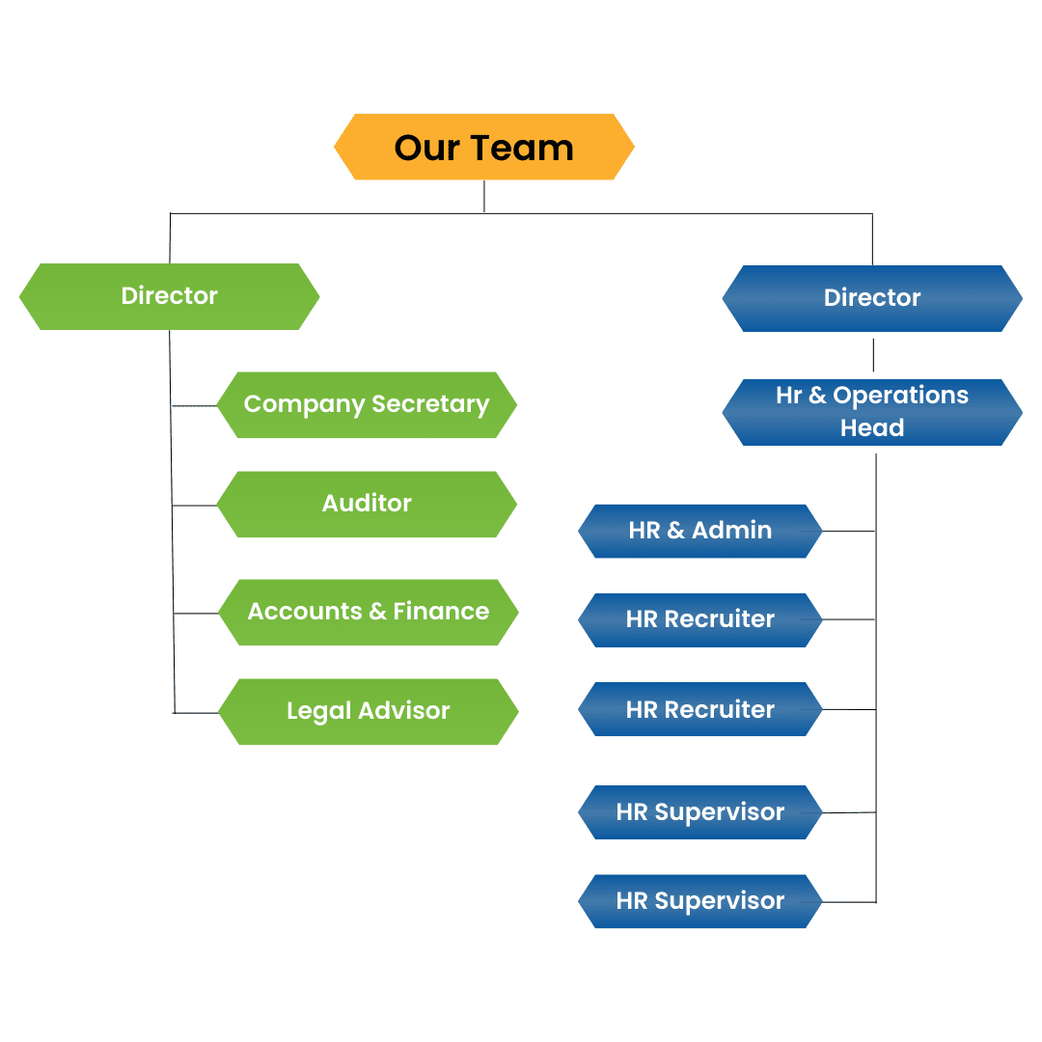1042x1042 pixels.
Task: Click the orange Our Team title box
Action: click(483, 147)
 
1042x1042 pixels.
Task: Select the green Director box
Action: click(169, 296)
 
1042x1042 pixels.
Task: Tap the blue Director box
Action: click(872, 298)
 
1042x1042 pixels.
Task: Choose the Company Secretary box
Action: click(367, 404)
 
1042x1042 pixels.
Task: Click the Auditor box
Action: click(367, 504)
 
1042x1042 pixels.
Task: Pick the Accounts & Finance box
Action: click(368, 612)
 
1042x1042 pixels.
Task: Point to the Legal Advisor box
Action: click(368, 711)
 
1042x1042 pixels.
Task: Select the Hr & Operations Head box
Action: click(872, 412)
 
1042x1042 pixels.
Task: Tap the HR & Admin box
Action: click(699, 531)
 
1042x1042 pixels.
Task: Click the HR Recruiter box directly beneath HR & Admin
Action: click(699, 619)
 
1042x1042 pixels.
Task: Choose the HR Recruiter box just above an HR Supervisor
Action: click(699, 709)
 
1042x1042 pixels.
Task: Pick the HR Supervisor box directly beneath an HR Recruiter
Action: click(699, 812)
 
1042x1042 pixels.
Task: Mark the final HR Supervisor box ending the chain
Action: click(699, 901)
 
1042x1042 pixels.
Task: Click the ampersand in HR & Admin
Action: click(675, 531)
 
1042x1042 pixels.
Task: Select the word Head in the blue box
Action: click(872, 428)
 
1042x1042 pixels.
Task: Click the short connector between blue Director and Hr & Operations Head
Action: click(873, 355)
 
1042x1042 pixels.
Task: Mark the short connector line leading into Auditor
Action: click(195, 505)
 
